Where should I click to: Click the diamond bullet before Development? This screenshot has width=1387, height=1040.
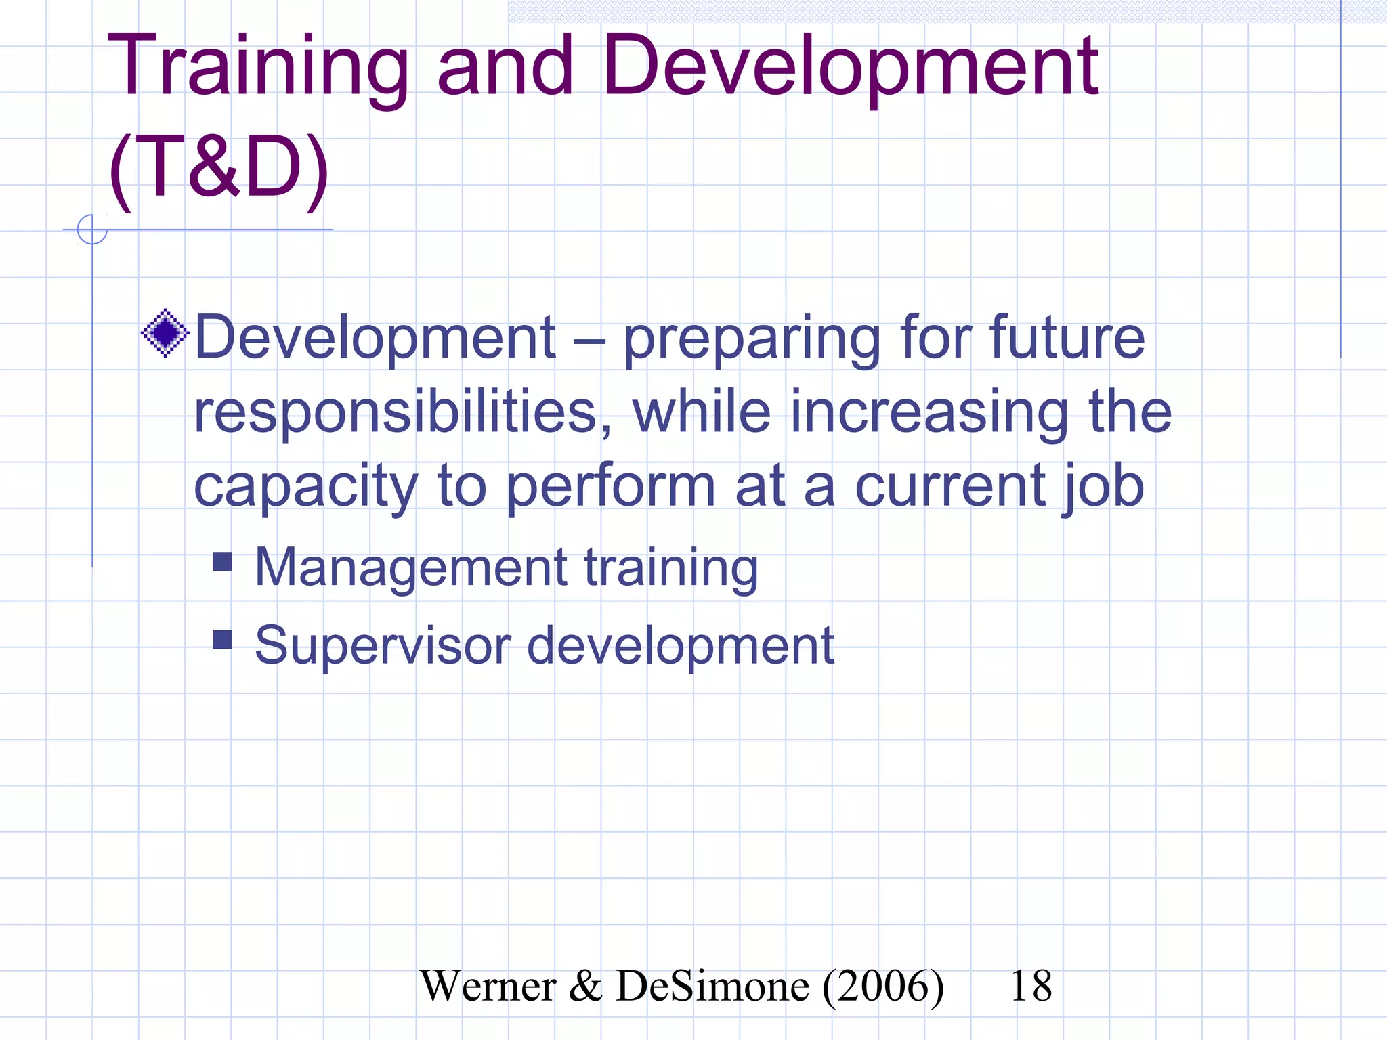165,332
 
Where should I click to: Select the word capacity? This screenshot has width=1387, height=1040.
305,487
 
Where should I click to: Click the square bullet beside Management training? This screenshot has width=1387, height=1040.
222,561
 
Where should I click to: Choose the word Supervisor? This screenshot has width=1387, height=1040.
383,647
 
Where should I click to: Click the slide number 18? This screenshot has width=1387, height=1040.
1031,986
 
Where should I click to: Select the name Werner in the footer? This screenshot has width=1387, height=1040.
488,986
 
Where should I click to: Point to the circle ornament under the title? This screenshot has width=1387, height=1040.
92,230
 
